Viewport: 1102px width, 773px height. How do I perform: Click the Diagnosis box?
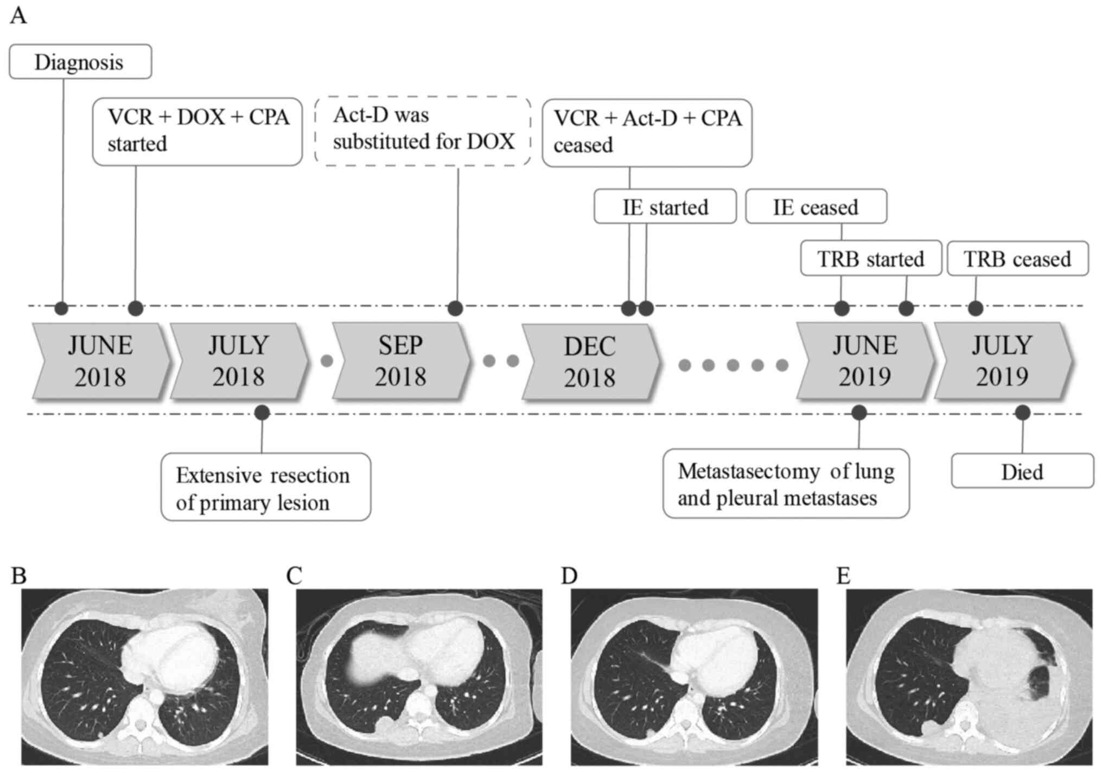click(x=80, y=62)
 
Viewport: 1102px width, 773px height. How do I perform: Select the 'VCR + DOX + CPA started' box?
click(x=197, y=131)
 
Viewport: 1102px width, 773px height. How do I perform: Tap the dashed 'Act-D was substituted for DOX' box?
click(x=423, y=130)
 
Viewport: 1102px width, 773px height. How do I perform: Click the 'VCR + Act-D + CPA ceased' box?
click(x=647, y=132)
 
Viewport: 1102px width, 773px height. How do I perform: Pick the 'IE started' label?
click(x=665, y=207)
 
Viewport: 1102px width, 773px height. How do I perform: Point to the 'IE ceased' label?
click(x=816, y=207)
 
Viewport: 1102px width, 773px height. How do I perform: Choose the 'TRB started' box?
click(x=870, y=259)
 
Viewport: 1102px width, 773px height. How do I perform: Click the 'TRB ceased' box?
click(x=1017, y=259)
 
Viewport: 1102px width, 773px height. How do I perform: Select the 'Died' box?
click(x=1022, y=471)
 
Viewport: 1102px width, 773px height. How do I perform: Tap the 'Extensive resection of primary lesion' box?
click(x=266, y=487)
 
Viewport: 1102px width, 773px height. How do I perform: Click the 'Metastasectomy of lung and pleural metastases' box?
click(x=786, y=484)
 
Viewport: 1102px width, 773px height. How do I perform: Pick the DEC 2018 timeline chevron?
click(x=590, y=362)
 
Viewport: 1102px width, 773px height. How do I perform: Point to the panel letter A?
click(x=18, y=16)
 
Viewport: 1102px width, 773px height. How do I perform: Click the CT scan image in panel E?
click(x=969, y=676)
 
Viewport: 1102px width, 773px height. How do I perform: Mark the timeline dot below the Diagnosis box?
click(x=62, y=308)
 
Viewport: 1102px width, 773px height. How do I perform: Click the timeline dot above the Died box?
click(x=1023, y=413)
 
